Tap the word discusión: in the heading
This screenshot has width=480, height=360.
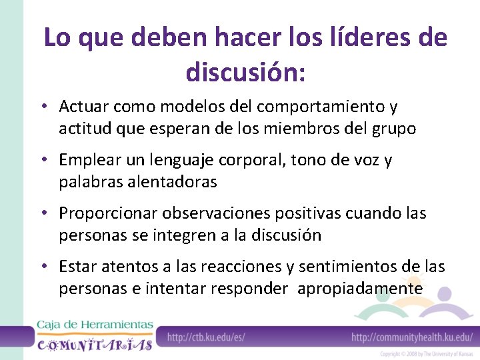(x=246, y=71)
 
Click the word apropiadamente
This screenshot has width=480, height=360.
(x=360, y=289)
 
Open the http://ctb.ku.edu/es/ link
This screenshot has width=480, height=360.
(x=206, y=337)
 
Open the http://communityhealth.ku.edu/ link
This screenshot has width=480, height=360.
(x=412, y=337)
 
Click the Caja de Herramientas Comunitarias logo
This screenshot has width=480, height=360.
(x=95, y=335)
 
